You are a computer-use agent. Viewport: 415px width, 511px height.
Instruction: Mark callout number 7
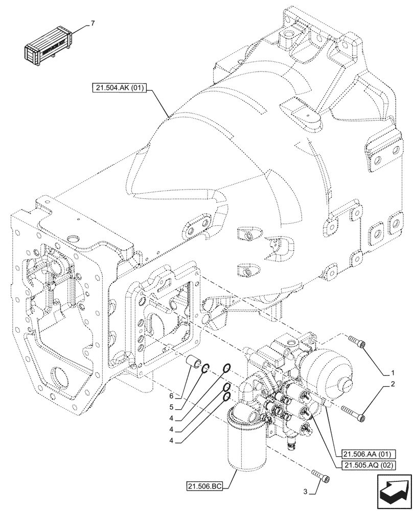92,24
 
